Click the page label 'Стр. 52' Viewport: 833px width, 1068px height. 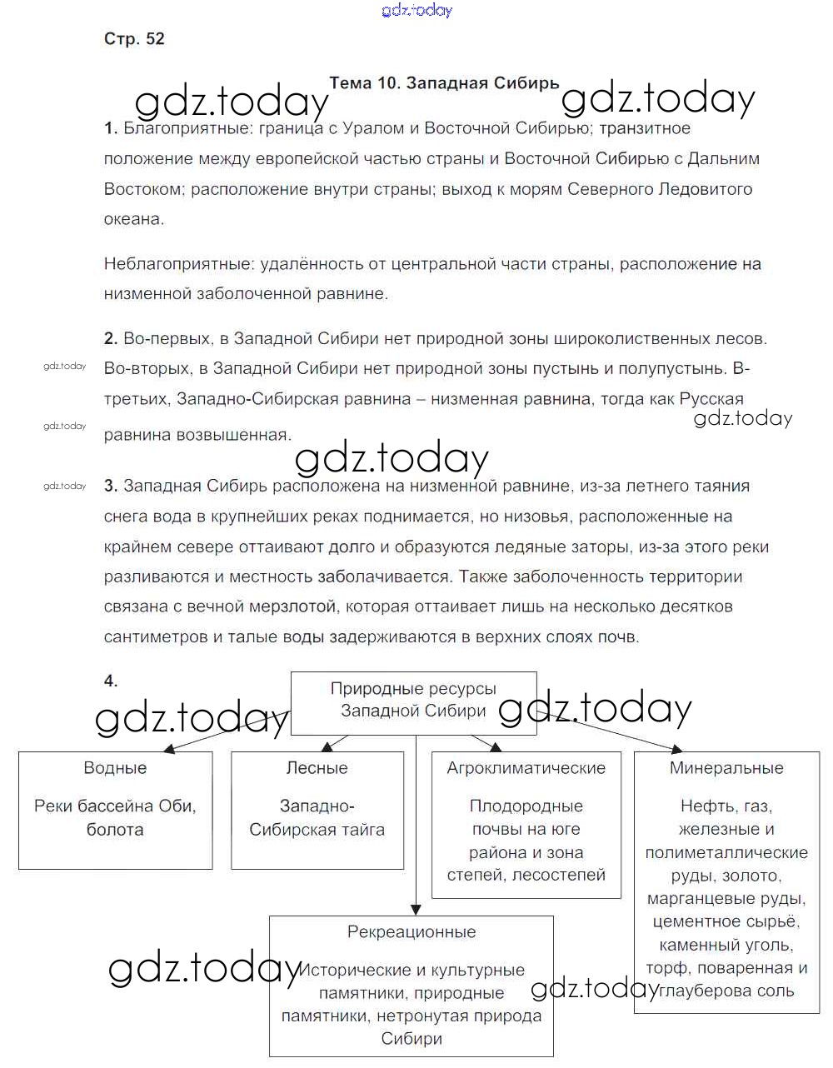[134, 39]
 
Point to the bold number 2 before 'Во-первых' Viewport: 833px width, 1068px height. [111, 339]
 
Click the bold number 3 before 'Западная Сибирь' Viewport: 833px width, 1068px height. [111, 487]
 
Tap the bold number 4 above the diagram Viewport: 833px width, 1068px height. [111, 681]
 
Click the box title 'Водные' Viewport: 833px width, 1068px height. [115, 768]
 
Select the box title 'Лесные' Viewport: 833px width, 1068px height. [317, 768]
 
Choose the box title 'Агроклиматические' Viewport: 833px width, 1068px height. [526, 768]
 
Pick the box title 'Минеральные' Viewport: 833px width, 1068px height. [726, 768]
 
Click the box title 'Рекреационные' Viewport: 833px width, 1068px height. [412, 932]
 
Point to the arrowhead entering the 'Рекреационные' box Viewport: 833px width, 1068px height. [415, 911]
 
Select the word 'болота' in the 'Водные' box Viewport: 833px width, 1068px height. [115, 830]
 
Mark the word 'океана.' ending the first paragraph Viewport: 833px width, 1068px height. [134, 219]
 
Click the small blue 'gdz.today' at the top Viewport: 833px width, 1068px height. [416, 10]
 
